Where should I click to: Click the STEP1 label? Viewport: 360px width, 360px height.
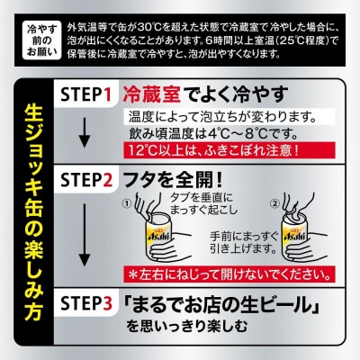86,94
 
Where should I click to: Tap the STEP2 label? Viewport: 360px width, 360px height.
86,180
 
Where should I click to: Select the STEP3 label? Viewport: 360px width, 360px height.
86,303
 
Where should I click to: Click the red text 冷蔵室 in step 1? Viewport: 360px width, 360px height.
152,94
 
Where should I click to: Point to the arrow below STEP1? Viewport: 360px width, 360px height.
85,132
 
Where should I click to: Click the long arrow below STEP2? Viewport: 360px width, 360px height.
85,236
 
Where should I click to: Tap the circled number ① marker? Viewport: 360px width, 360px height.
127,204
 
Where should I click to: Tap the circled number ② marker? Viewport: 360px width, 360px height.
274,204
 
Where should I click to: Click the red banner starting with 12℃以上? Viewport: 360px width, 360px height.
229,151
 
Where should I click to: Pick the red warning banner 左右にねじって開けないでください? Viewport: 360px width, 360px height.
229,274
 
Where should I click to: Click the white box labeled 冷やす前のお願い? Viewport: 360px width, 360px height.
42,40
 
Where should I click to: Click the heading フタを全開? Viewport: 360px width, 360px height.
174,180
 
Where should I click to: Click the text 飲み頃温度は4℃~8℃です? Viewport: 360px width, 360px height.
213,134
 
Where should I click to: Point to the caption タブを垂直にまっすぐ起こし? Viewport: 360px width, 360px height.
203,204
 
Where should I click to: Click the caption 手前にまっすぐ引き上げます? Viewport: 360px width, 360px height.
243,242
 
